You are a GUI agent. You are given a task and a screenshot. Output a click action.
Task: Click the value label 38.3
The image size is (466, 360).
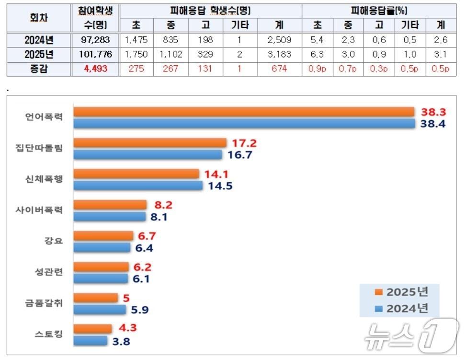pyautogui.click(x=433, y=112)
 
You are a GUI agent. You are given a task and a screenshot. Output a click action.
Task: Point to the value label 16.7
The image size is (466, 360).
pyautogui.click(x=242, y=155)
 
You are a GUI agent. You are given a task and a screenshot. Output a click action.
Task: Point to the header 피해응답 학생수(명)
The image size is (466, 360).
pyautogui.click(x=210, y=10)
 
